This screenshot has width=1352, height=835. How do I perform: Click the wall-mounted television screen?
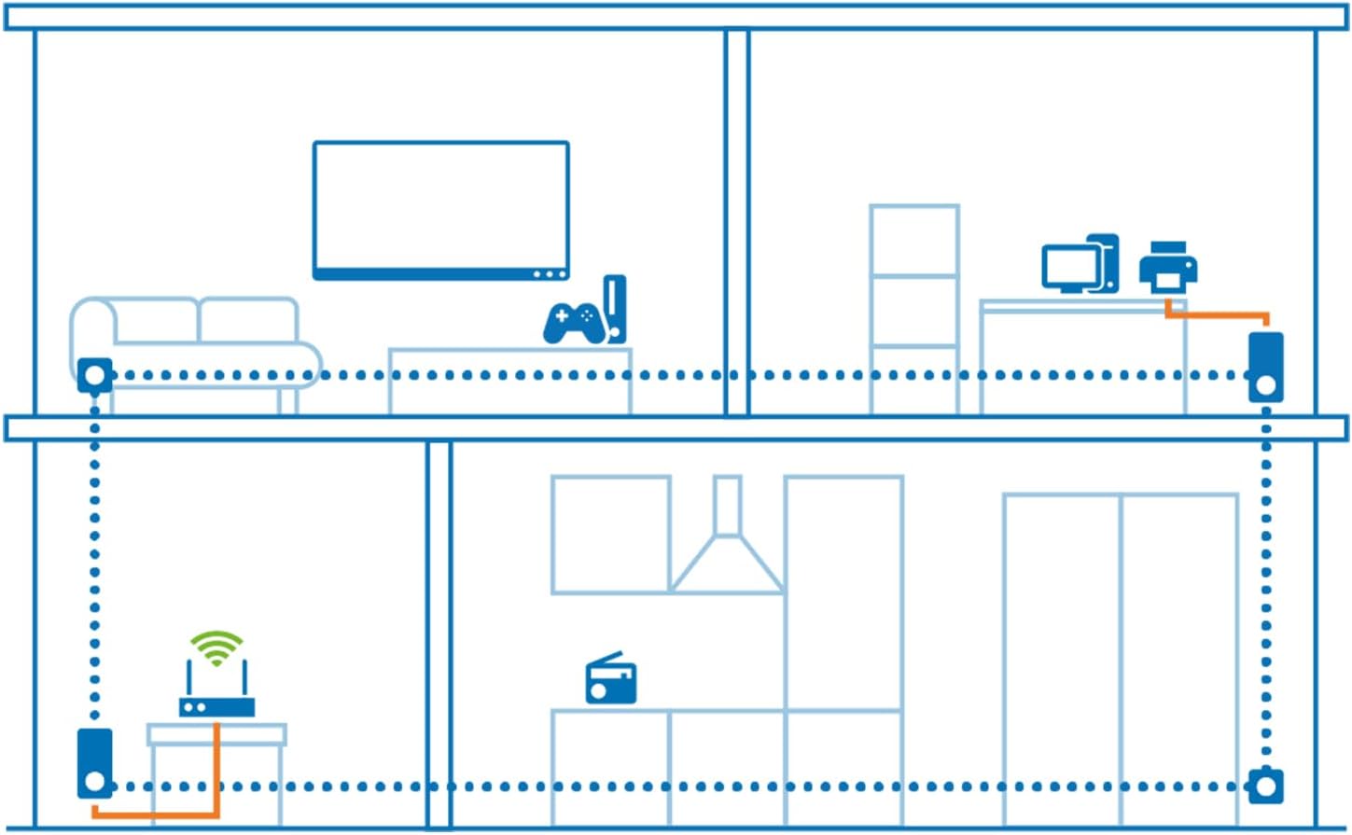click(x=440, y=207)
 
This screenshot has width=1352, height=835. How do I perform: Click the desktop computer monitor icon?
click(x=1069, y=267)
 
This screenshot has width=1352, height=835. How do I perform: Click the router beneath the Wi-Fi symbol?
click(x=216, y=706)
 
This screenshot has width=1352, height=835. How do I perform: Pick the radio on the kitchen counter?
click(x=611, y=681)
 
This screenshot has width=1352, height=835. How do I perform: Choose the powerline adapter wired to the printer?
click(x=1265, y=367)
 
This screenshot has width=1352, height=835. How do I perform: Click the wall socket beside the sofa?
click(x=94, y=376)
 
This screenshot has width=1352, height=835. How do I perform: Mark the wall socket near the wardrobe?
click(x=1265, y=786)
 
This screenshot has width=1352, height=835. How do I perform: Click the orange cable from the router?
click(x=216, y=774)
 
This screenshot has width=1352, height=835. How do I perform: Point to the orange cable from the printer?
click(x=1218, y=315)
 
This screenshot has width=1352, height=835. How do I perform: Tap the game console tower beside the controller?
click(x=614, y=308)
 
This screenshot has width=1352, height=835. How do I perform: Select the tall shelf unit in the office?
click(x=913, y=308)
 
